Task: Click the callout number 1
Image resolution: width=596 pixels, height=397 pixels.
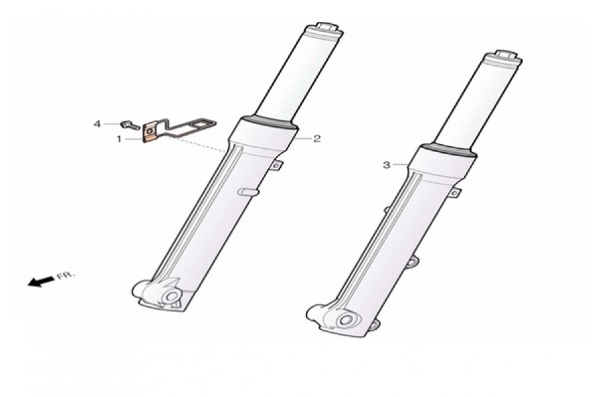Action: coord(119,139)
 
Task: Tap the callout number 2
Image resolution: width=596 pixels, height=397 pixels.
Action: coord(317,139)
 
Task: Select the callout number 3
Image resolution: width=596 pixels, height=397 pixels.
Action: coord(387,165)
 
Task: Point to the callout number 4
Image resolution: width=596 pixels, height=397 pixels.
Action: coord(97,124)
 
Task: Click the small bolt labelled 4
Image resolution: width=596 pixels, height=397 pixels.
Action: coord(127,124)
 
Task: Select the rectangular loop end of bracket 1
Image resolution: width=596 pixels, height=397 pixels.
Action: coord(202,124)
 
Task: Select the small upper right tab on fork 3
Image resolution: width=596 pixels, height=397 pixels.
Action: coord(454,192)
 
